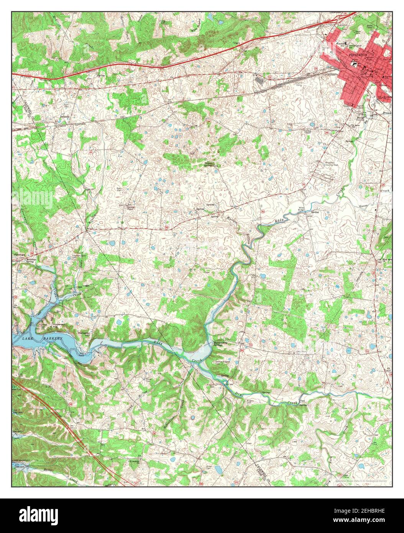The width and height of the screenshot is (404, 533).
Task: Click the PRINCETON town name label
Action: (x=358, y=55)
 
